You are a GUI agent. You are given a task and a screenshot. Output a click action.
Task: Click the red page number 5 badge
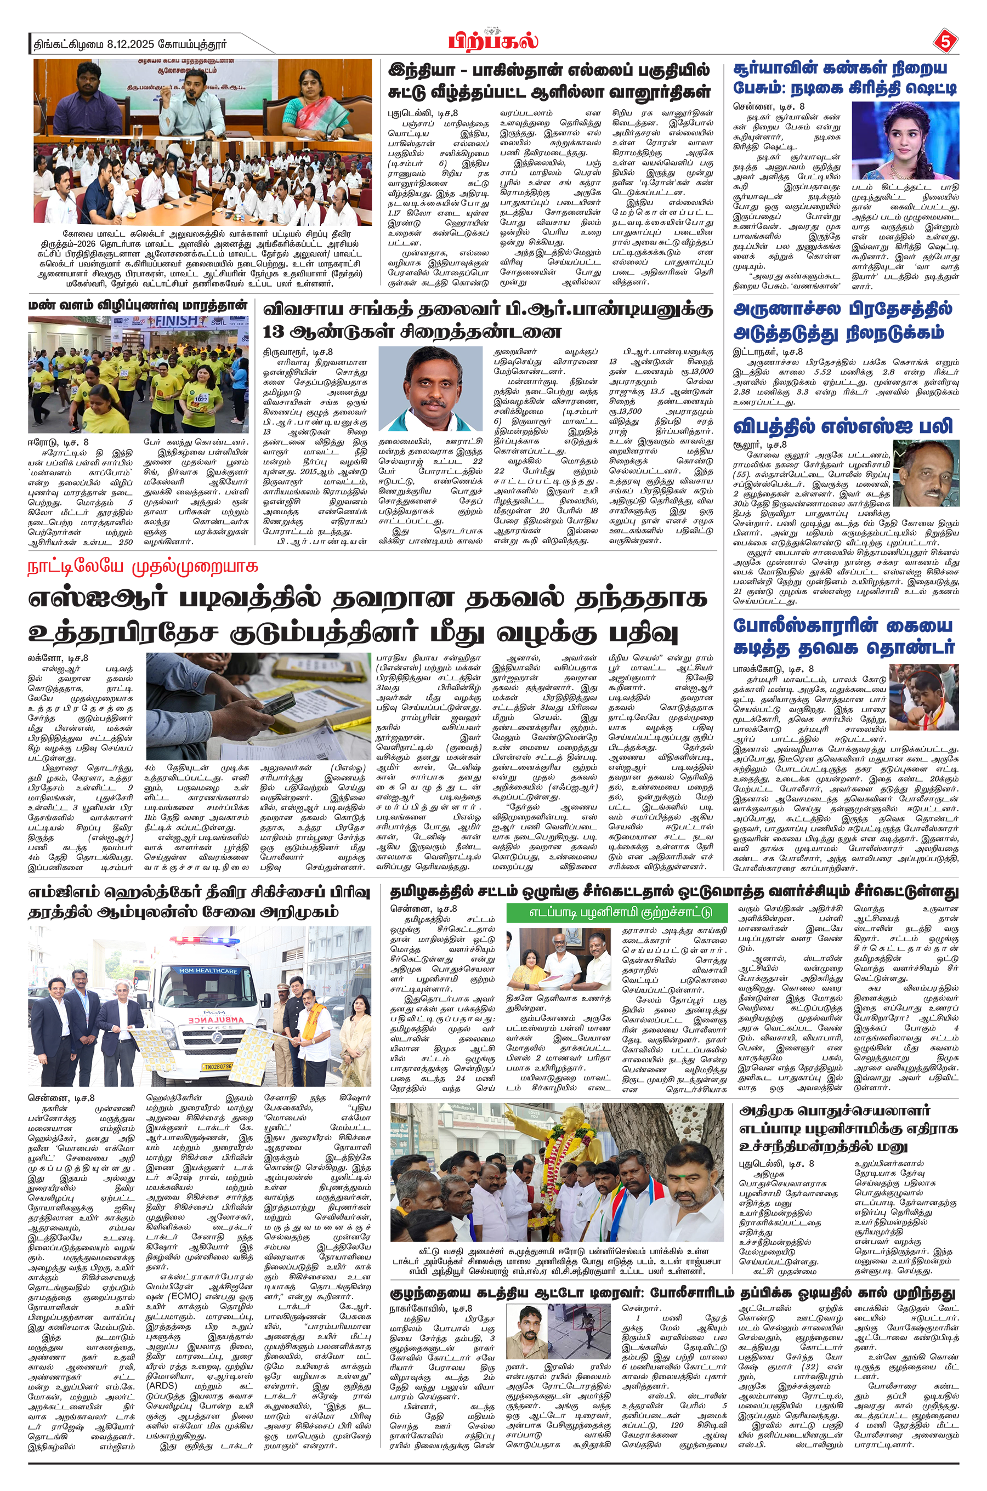click(944, 42)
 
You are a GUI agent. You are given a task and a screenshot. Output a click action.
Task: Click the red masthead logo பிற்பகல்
click(493, 42)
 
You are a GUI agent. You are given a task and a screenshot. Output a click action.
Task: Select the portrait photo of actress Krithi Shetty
click(905, 140)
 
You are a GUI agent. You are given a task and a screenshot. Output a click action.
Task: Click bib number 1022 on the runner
click(200, 399)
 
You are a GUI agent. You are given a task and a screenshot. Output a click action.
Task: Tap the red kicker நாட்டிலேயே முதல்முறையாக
click(143, 567)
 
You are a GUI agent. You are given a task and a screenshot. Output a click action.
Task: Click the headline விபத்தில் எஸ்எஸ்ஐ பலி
click(843, 426)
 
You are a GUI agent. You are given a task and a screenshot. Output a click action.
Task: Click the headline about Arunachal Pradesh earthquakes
click(843, 320)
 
